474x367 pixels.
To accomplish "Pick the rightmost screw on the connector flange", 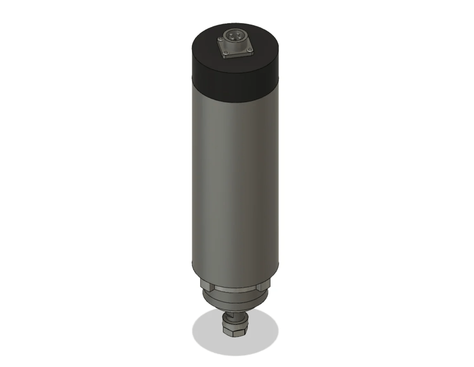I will (x=250, y=50).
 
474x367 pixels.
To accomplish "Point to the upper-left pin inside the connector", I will (x=231, y=35).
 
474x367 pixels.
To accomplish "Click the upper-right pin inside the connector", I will (x=238, y=33).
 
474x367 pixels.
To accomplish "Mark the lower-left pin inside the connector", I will (x=233, y=39).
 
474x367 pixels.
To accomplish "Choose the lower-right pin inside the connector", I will (x=240, y=38).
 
